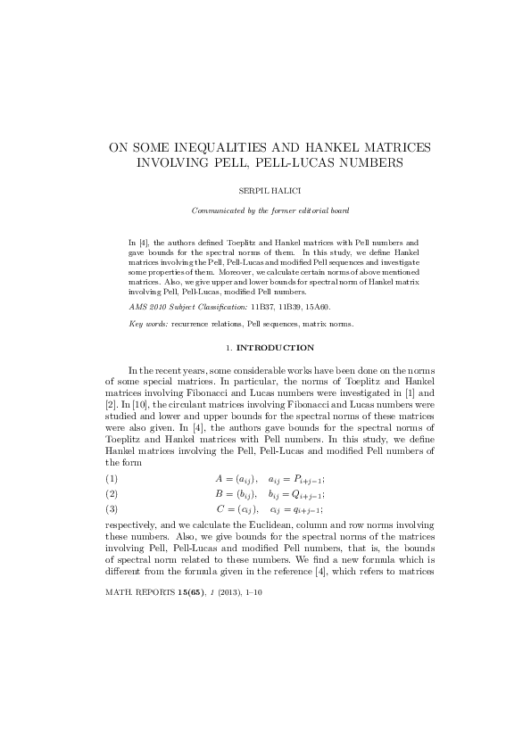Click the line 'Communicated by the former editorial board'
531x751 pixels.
(x=265, y=210)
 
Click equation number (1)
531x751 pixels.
(x=112, y=479)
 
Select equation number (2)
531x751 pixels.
(x=112, y=493)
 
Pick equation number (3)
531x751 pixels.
(x=112, y=508)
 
